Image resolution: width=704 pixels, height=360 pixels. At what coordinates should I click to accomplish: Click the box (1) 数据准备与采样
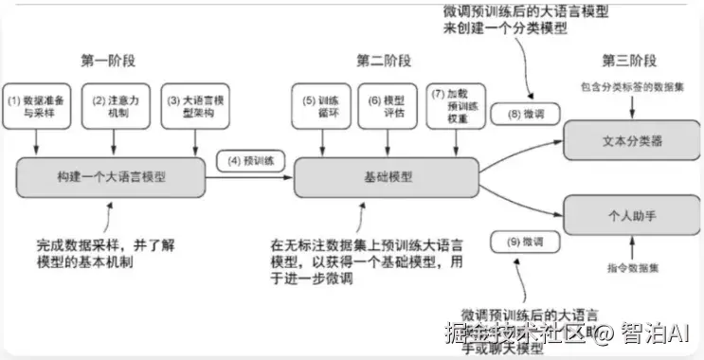tap(37, 106)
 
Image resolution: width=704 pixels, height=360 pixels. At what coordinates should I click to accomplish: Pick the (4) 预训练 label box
tap(246, 160)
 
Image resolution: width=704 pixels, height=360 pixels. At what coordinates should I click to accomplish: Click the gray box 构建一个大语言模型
tap(112, 176)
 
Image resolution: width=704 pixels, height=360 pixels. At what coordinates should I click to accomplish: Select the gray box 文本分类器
tap(631, 140)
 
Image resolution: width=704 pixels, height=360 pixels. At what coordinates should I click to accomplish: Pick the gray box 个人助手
tap(631, 216)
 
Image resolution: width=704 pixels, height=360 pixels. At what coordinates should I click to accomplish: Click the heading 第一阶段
tap(108, 62)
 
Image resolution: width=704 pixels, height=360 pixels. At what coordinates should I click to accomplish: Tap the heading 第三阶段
tap(628, 62)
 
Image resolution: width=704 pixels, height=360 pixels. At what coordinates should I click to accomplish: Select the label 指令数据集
tap(631, 269)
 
